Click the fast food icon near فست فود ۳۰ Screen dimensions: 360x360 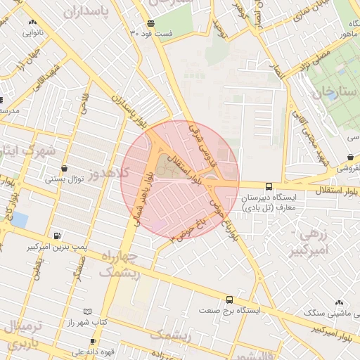click(x=150, y=24)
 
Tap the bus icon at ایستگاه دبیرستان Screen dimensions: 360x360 click(x=269, y=186)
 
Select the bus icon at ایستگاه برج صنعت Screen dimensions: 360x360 click(x=229, y=300)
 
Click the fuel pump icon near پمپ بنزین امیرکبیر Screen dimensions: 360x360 click(x=56, y=236)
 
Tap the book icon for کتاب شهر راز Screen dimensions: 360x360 click(x=87, y=311)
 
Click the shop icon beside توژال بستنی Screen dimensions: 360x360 click(x=65, y=169)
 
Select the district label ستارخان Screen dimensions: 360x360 click(x=333, y=91)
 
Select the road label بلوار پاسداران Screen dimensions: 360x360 click(x=135, y=106)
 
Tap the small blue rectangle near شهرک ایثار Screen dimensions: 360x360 click(x=19, y=221)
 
